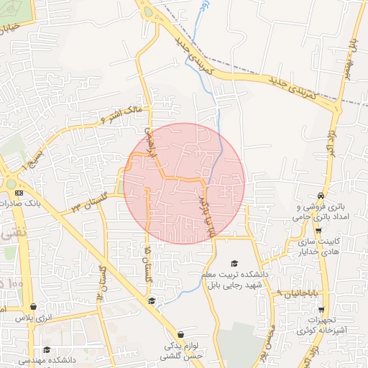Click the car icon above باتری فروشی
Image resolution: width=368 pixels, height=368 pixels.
pos(320,195)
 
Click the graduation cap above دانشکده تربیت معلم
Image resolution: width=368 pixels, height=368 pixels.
pos(234,264)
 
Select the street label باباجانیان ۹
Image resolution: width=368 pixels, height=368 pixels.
pos(300,294)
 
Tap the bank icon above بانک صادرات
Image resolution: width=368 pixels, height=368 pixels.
pos(19,193)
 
